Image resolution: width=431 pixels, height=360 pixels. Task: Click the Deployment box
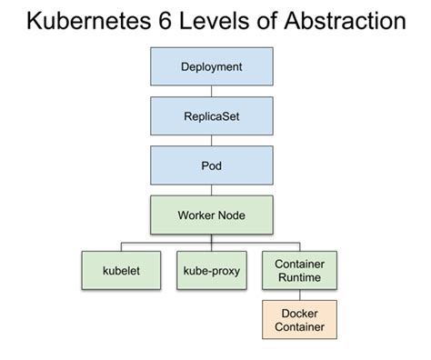point(211,67)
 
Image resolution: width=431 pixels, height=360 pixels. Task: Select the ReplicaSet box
point(211,117)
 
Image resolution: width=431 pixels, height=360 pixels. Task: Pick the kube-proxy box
point(211,272)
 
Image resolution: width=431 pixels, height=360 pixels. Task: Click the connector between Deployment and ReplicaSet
point(211,93)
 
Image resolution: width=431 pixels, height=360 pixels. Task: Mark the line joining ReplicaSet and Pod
point(211,143)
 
